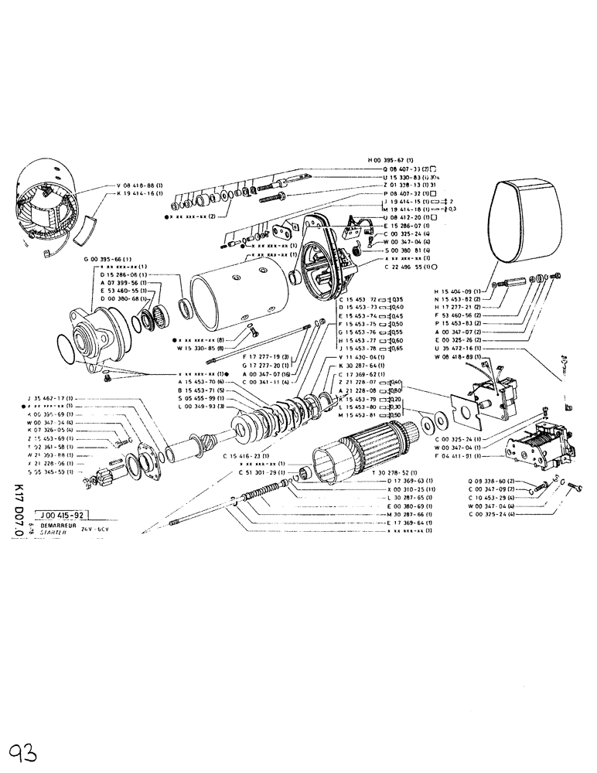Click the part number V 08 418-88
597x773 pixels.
coord(140,186)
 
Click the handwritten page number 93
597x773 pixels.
coord(24,750)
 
